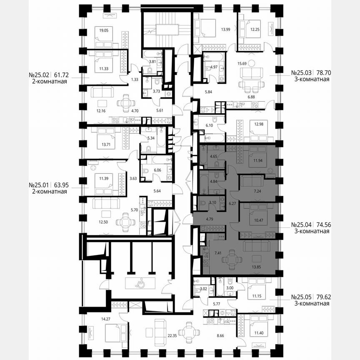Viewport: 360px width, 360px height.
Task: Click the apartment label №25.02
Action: click(39, 75)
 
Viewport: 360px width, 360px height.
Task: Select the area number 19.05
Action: click(99, 30)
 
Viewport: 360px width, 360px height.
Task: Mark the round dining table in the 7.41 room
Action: click(231, 259)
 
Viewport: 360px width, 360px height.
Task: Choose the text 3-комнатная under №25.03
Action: click(310, 79)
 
